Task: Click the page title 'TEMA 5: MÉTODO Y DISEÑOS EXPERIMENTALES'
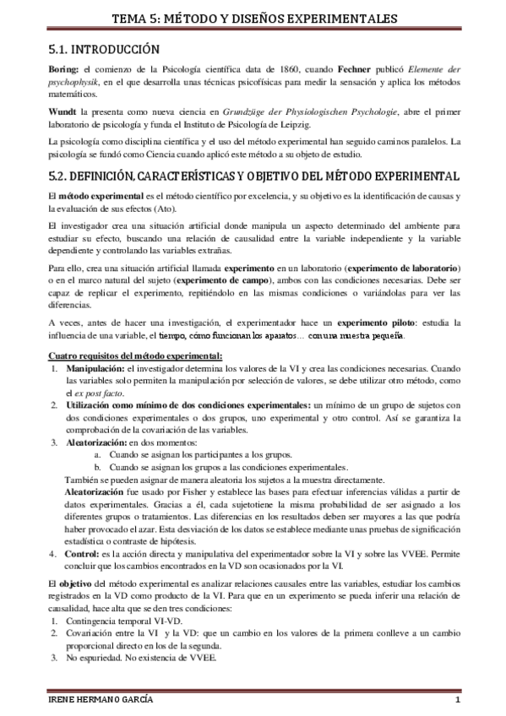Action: (x=253, y=19)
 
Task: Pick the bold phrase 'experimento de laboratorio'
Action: (x=399, y=268)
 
